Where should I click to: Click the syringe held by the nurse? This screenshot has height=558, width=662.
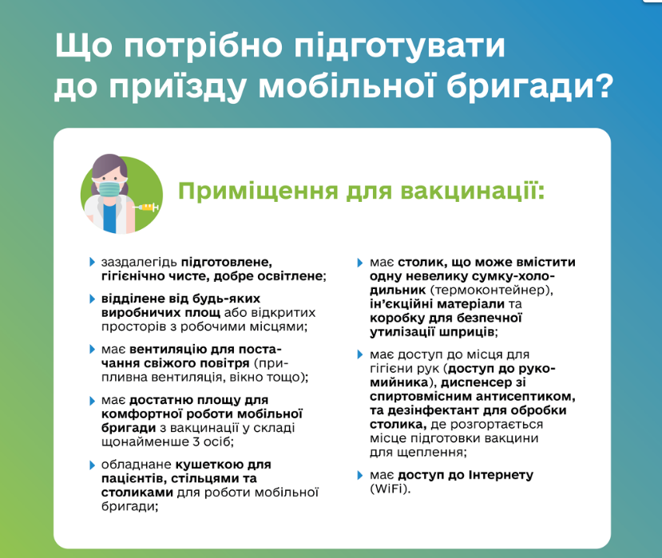[x=147, y=208]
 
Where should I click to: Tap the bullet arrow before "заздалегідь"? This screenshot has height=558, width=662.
[x=92, y=261]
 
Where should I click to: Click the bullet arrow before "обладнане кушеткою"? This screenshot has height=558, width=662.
[x=92, y=465]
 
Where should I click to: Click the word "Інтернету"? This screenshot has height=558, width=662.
[x=494, y=475]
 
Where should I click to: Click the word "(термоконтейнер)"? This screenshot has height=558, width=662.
[x=490, y=289]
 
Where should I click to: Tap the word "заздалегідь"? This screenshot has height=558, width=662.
[x=139, y=261]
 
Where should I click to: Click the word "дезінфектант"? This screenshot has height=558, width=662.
[x=430, y=410]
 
